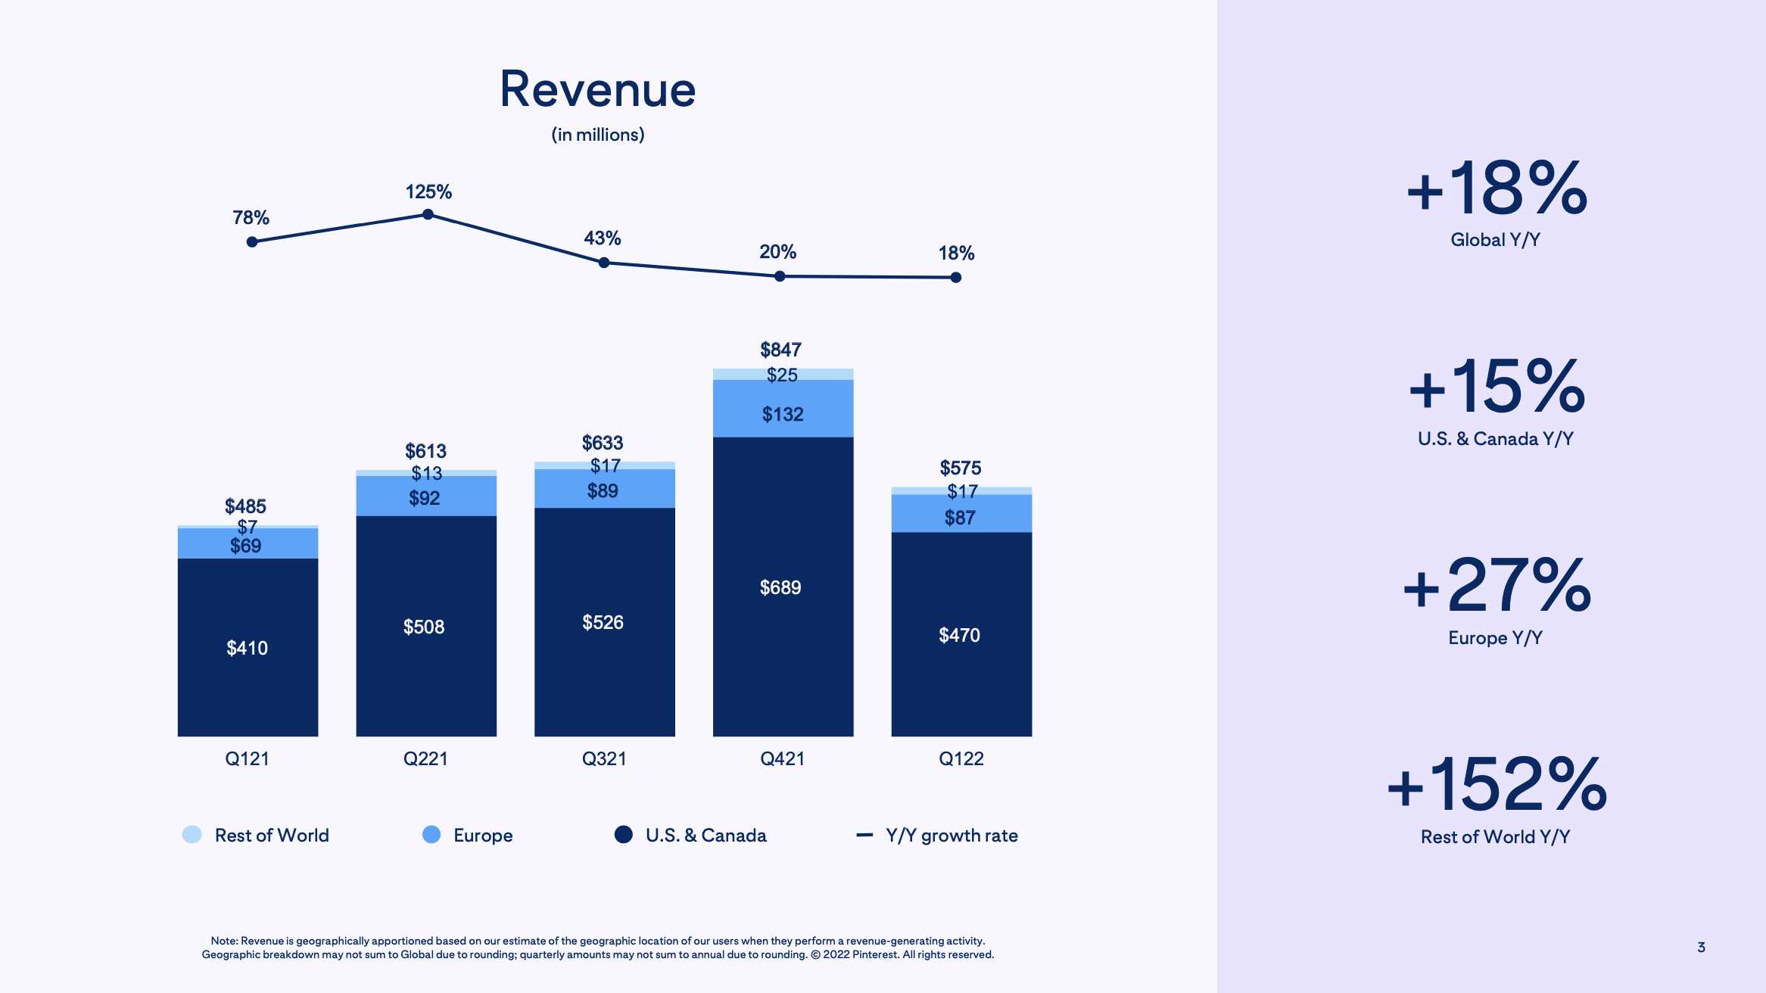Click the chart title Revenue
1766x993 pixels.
[597, 89]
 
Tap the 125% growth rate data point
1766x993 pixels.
[428, 215]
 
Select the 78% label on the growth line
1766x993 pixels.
[251, 218]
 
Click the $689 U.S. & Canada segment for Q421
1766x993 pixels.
[782, 587]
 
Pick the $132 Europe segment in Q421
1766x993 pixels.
[782, 414]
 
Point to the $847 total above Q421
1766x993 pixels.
[780, 350]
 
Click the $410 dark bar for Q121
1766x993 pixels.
[248, 648]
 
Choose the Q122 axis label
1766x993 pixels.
[961, 758]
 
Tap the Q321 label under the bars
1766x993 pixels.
[603, 758]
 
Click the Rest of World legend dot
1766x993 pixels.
[192, 835]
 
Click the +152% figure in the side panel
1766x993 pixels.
[1496, 784]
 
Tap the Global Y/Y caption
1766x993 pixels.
[1495, 240]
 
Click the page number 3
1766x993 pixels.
[1701, 947]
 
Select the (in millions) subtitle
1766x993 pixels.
[597, 135]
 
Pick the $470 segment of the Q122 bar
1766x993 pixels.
[960, 635]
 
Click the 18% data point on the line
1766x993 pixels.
[956, 278]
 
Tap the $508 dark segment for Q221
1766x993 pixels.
[424, 627]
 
